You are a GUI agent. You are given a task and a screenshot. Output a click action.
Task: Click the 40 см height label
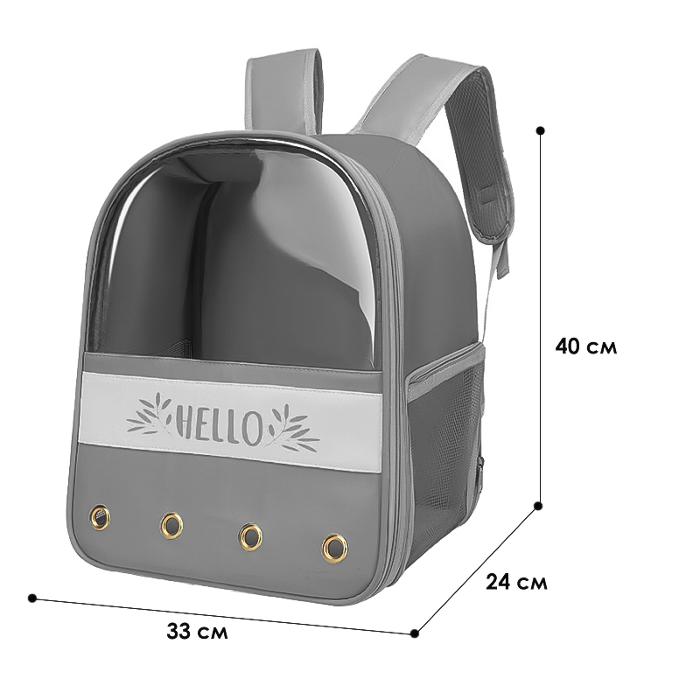coord(585,346)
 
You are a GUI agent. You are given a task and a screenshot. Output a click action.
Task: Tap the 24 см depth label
coord(516,582)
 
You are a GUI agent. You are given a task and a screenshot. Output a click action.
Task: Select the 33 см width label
coord(198,631)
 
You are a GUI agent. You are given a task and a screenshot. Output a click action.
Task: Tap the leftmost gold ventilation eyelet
coord(100,517)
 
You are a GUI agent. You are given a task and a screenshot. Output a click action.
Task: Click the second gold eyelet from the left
coord(171,524)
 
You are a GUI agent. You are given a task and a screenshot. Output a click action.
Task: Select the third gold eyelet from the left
coord(250,535)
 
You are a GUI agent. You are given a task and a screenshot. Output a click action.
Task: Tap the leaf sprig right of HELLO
coord(293,428)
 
